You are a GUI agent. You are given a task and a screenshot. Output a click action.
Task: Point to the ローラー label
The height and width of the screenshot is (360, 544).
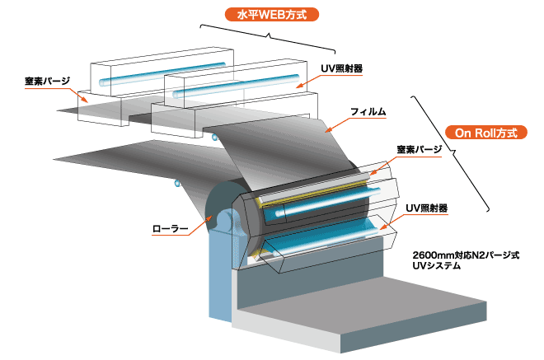[171, 227]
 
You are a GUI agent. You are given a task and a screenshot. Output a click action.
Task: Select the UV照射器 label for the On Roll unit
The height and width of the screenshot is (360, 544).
[426, 209]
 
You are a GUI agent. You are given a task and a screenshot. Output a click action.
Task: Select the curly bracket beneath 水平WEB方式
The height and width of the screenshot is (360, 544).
[268, 34]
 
